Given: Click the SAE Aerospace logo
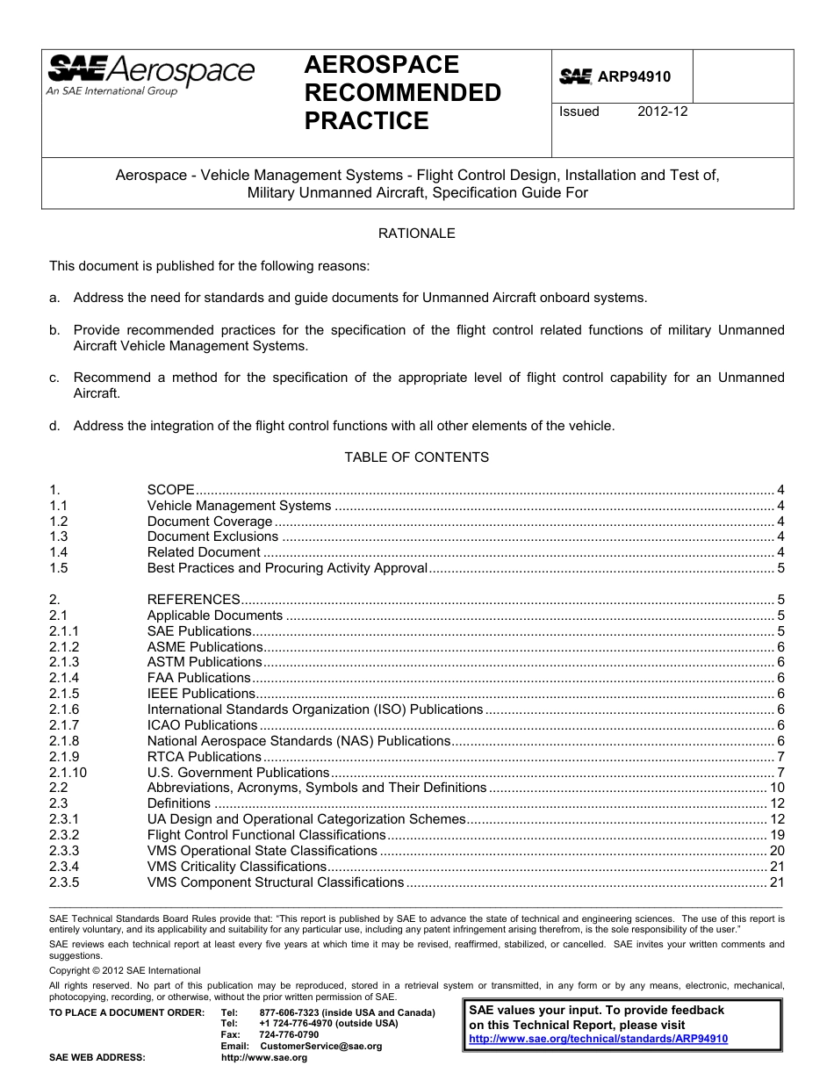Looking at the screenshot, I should click(x=151, y=74).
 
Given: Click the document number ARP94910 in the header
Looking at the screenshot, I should click(x=634, y=77).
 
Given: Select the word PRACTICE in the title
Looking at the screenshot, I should click(x=366, y=121).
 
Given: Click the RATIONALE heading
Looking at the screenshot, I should click(x=416, y=234).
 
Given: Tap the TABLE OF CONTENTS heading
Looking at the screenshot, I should click(x=416, y=457).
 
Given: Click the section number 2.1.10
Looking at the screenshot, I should click(x=68, y=773).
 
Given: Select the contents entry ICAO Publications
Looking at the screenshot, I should click(x=202, y=725).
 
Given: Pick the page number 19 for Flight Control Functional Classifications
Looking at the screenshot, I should click(x=776, y=835).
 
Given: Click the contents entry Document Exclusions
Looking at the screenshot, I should click(x=212, y=536).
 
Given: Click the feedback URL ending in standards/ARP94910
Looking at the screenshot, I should click(x=599, y=1039).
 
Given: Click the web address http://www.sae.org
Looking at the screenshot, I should click(x=264, y=1058).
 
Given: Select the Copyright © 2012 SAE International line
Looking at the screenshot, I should click(x=125, y=971).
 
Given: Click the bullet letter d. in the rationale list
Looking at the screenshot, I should click(x=54, y=426).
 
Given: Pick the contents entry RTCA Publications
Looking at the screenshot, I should click(x=204, y=757).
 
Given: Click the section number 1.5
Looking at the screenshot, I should click(x=59, y=568).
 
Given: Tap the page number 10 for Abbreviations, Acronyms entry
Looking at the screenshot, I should click(x=776, y=788).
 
